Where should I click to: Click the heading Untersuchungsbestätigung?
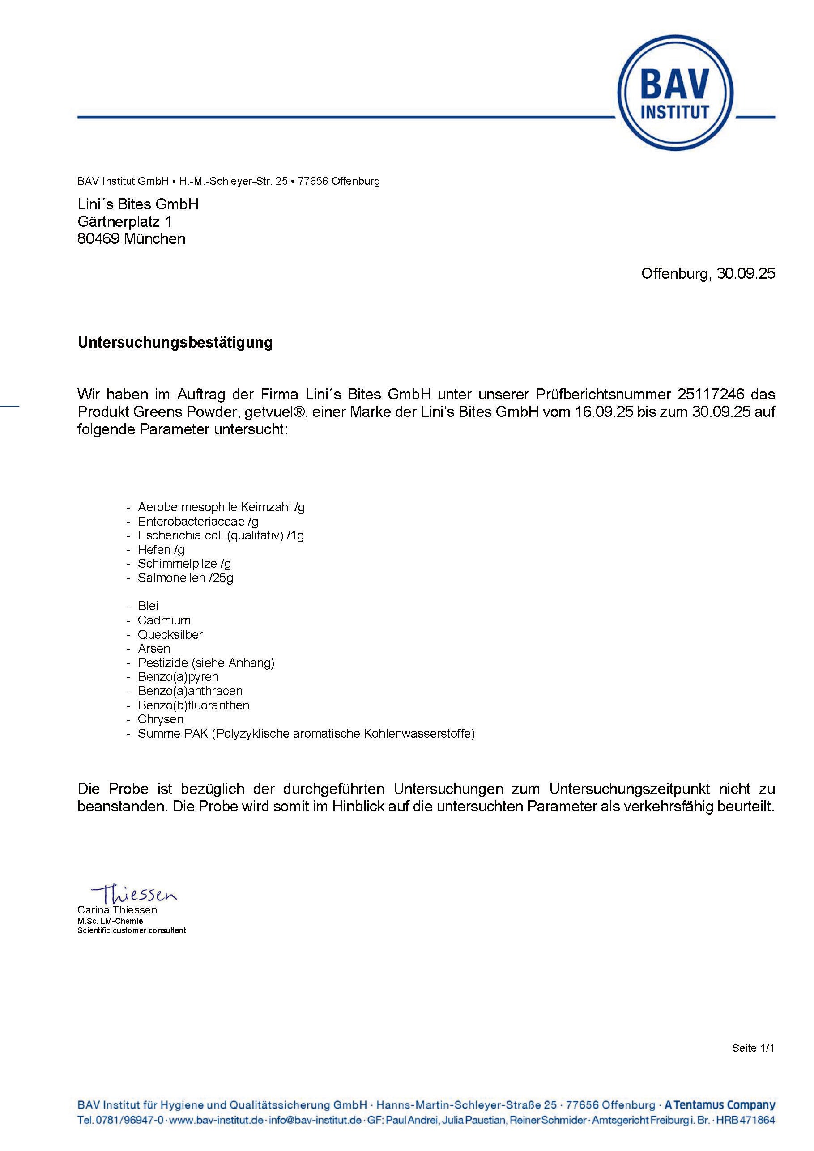(175, 343)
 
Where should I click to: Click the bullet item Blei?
(148, 606)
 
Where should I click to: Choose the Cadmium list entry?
(164, 620)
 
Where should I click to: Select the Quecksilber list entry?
(170, 634)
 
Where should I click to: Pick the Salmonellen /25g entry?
(185, 578)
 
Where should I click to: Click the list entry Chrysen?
(161, 719)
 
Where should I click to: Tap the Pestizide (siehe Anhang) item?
(206, 663)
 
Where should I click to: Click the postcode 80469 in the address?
(98, 238)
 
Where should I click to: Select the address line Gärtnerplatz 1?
(124, 221)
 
